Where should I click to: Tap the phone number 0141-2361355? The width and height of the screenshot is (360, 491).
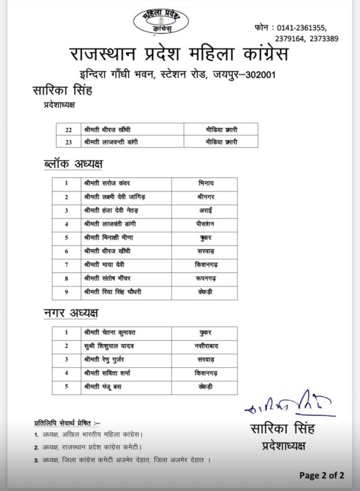(x=307, y=28)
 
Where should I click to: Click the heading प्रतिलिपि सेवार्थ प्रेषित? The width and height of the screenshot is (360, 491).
(x=67, y=422)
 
